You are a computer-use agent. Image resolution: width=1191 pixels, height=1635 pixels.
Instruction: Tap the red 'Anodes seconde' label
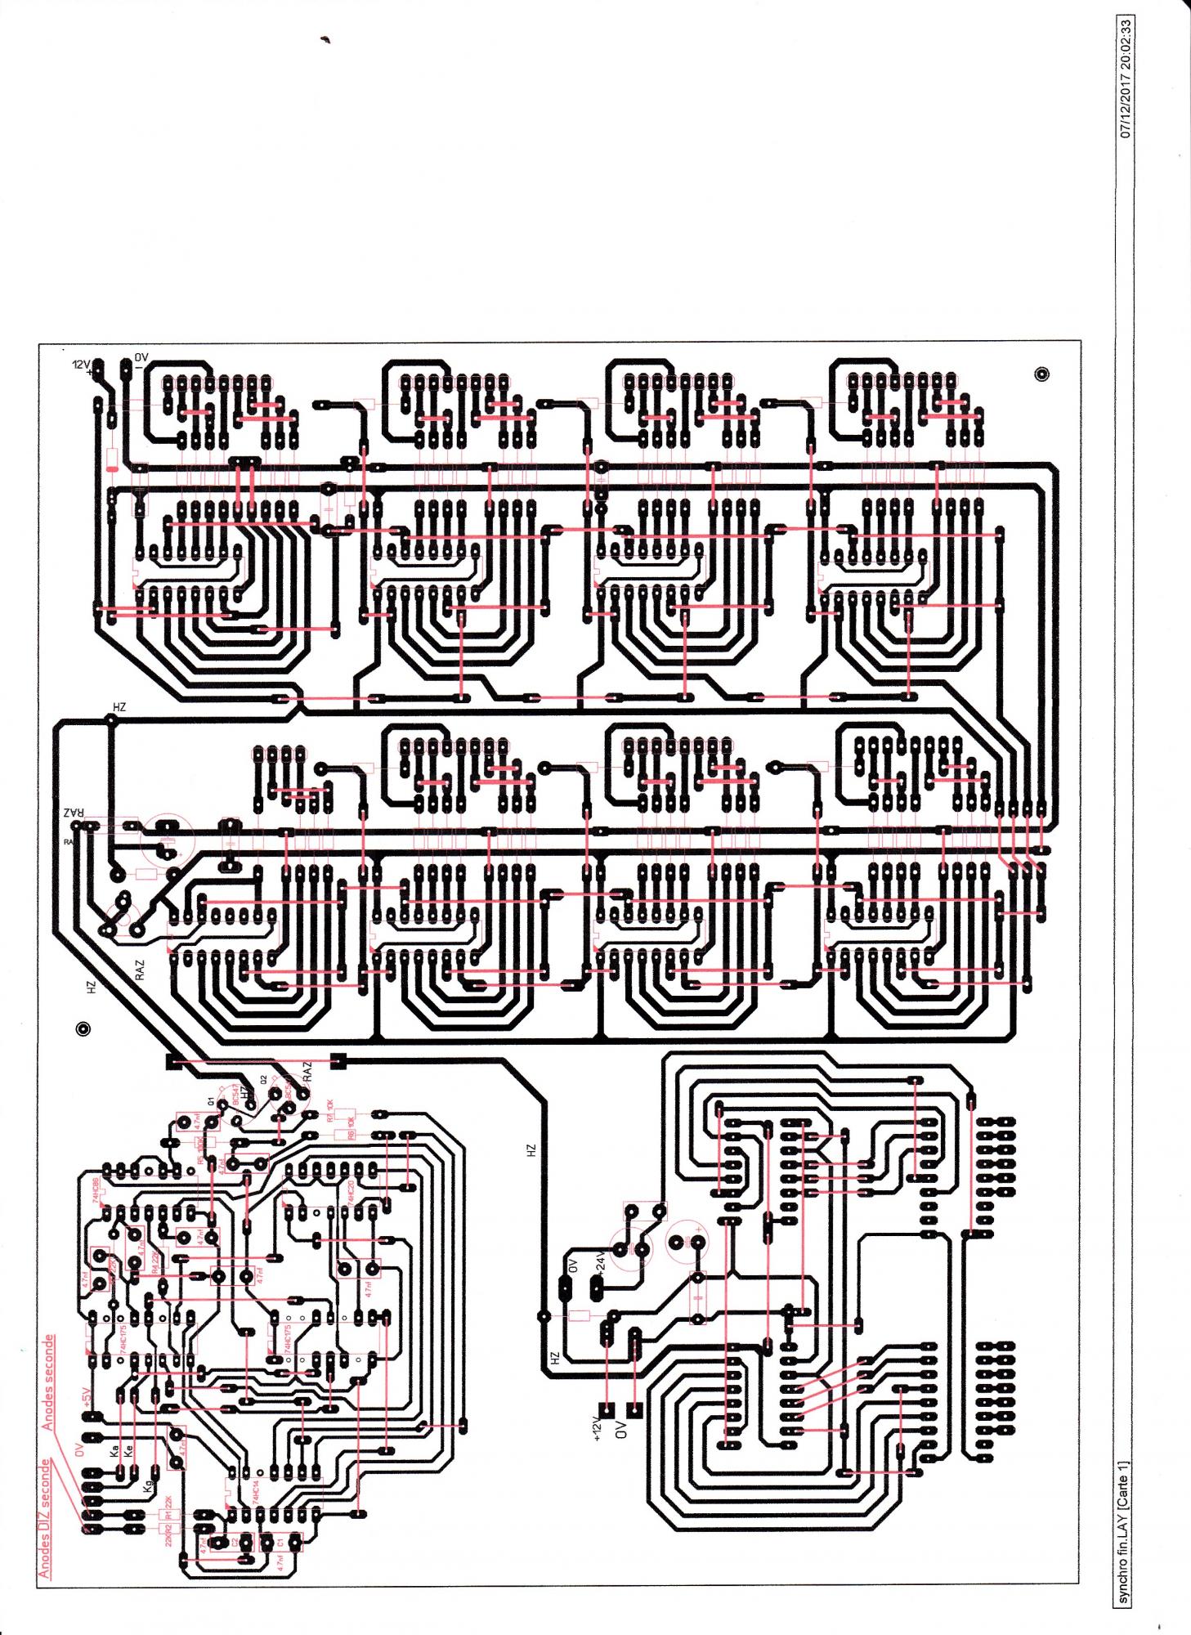(x=49, y=1382)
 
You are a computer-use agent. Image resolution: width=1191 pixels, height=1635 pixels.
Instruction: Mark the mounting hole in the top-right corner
(x=1041, y=374)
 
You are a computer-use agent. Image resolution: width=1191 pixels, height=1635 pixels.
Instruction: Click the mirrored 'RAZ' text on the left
(x=74, y=813)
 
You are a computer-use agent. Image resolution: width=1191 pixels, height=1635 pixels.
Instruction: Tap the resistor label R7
(x=329, y=1109)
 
